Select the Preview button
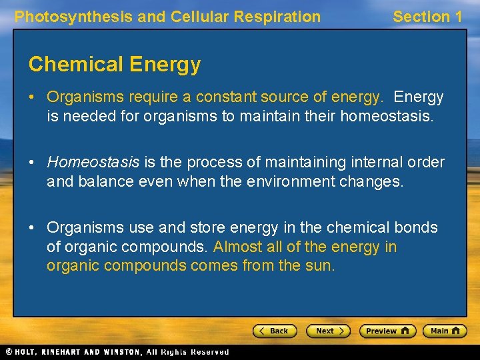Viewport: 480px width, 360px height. (x=387, y=331)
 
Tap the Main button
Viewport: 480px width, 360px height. (x=445, y=331)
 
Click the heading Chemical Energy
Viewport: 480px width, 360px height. (x=114, y=64)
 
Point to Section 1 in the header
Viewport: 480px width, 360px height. (x=427, y=17)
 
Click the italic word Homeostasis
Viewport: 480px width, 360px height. (x=93, y=162)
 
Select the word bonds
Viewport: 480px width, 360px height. (x=416, y=227)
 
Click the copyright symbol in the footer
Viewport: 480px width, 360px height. (x=9, y=351)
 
